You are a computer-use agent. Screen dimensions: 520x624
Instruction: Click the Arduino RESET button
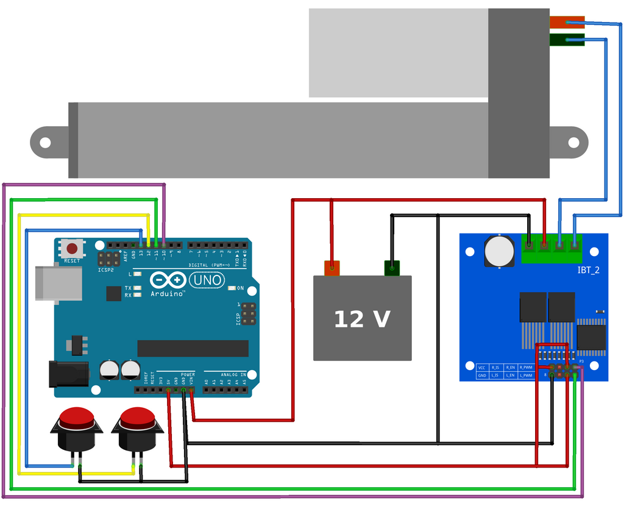pos(73,249)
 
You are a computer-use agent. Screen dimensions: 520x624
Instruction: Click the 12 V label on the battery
pos(362,319)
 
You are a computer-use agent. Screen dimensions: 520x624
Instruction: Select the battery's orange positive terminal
pos(331,267)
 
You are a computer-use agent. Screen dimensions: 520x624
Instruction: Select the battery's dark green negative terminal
pos(392,267)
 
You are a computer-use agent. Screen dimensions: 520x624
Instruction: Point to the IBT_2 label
pos(588,269)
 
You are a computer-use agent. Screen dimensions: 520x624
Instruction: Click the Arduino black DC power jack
pos(68,373)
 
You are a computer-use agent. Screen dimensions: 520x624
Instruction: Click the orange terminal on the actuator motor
pos(567,23)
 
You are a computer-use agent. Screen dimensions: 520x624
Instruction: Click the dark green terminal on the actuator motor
pos(567,40)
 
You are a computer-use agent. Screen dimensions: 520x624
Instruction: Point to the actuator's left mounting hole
pos(45,143)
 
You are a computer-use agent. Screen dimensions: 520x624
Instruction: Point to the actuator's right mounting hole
pos(573,143)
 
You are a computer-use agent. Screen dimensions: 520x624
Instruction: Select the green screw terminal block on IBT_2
pos(551,247)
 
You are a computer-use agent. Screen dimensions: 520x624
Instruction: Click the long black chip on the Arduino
pos(193,348)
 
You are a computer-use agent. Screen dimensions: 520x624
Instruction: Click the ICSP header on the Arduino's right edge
pos(248,313)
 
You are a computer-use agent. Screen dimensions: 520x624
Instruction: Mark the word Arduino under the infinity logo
pos(168,294)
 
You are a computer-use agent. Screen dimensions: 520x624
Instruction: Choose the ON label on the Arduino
pos(240,288)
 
